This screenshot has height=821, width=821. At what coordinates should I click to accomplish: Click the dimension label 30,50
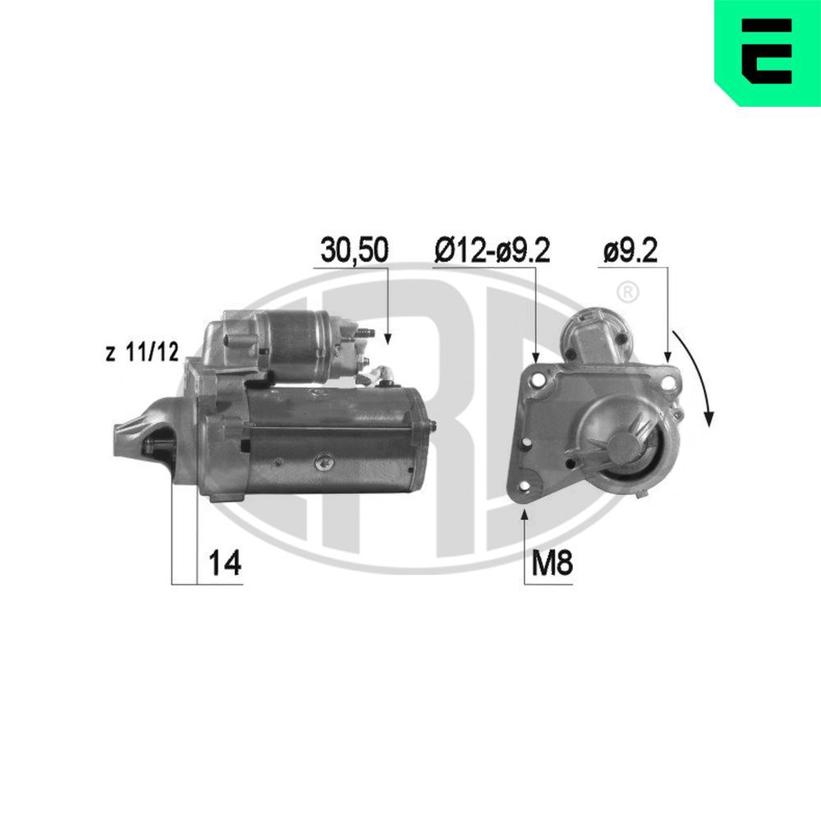coord(353,250)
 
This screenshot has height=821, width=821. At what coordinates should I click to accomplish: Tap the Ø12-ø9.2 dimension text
coord(492,250)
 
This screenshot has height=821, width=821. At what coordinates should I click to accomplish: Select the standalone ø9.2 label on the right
coord(630,250)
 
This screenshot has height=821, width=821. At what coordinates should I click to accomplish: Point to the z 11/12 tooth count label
coord(142,354)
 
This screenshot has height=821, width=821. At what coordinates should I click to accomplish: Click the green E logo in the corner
coord(768,53)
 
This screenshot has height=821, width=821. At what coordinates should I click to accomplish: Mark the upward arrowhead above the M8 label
coord(525,515)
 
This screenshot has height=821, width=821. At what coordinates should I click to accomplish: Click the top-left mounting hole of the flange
coord(539,381)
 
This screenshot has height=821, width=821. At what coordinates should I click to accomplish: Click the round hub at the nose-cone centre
coord(626,446)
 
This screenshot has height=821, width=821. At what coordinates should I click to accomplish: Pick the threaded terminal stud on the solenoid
coord(366,334)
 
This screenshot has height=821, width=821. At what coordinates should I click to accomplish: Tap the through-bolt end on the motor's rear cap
coord(431,424)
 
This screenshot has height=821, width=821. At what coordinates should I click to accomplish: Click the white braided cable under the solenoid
coord(380,376)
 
